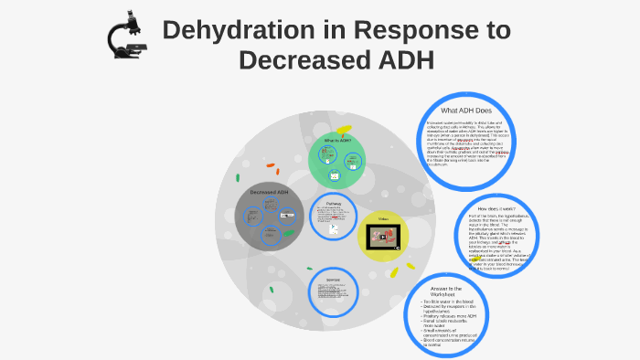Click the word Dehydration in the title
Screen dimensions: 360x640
(240, 30)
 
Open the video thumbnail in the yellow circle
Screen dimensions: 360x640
(383, 237)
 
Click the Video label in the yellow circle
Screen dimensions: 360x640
(382, 220)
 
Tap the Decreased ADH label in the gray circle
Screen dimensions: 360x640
(270, 192)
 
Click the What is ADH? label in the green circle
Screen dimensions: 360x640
(337, 141)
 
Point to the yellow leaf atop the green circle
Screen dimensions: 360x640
(343, 130)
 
